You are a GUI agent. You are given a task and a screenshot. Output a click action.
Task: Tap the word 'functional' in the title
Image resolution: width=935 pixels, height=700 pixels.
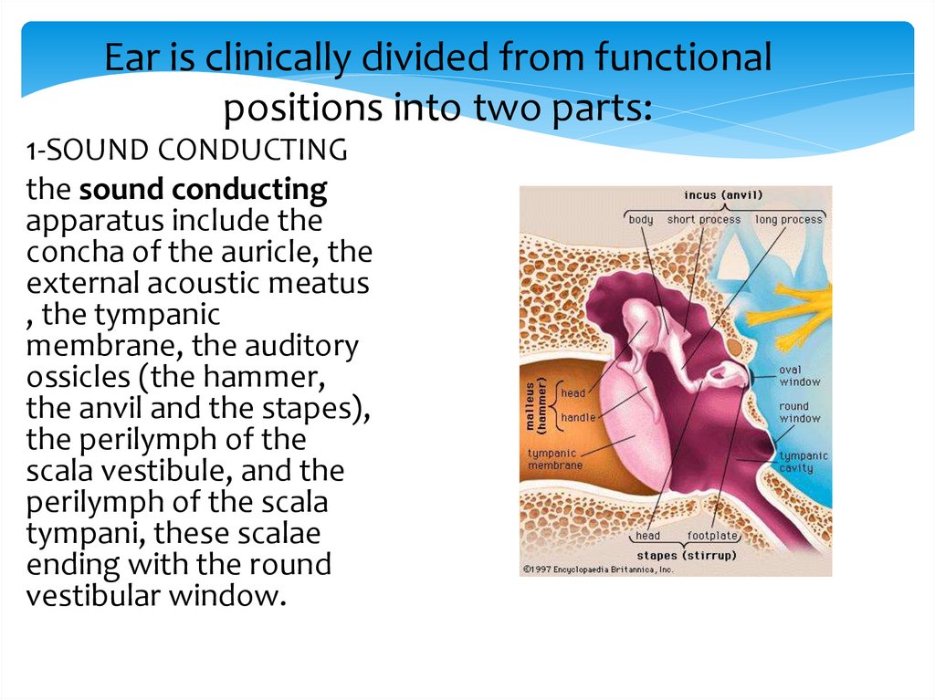coord(683,59)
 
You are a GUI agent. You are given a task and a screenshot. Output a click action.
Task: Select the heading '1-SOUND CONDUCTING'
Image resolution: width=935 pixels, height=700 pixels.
coord(186,151)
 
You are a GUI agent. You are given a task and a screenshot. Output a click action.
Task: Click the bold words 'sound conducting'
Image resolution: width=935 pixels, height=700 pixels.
coord(203,190)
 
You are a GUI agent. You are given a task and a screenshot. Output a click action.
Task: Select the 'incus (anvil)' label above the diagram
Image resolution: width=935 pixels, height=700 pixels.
coord(723,195)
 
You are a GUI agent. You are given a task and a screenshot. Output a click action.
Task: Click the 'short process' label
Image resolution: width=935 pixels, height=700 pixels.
coord(703,220)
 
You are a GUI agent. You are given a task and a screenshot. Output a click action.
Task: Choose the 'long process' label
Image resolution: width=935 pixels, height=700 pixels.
coord(788,220)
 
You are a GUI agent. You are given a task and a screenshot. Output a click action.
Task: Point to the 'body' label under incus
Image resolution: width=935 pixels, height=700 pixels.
coord(641,220)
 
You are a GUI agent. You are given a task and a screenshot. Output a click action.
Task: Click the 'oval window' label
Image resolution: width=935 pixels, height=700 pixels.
coord(799,376)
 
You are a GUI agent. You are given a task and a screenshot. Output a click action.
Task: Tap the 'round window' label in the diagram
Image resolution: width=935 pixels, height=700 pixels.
coord(799,413)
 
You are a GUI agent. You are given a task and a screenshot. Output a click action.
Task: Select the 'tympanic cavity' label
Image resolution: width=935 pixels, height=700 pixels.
coord(803,462)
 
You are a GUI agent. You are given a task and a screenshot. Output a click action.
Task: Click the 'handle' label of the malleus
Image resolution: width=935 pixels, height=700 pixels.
coord(577,417)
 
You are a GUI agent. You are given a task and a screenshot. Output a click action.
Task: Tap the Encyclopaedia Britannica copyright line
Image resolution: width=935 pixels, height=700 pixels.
coord(597,569)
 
